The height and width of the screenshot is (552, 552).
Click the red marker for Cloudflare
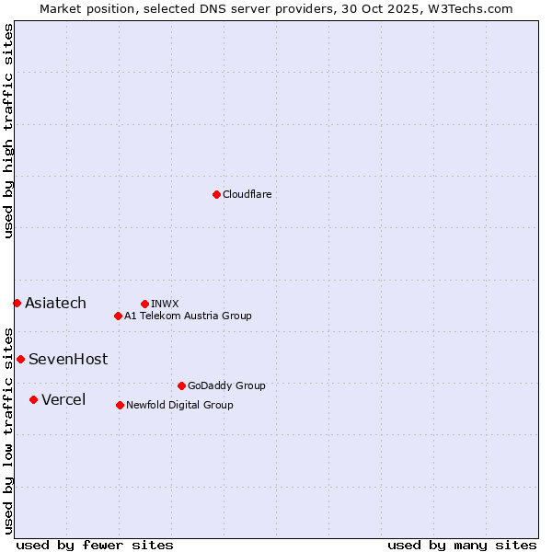pyautogui.click(x=216, y=194)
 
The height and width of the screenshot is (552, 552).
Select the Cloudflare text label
pyautogui.click(x=247, y=194)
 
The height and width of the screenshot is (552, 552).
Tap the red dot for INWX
pyautogui.click(x=144, y=304)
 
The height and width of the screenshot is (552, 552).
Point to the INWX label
pyautogui.click(x=165, y=304)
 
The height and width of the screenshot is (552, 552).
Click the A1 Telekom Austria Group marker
pyautogui.click(x=118, y=316)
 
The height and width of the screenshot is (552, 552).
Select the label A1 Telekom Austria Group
pyautogui.click(x=188, y=316)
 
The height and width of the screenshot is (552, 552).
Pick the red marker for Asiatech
pyautogui.click(x=17, y=303)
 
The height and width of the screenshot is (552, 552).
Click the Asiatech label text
pyautogui.click(x=55, y=304)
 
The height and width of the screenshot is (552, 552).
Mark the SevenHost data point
pyautogui.click(x=20, y=359)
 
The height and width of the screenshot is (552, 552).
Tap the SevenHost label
pyautogui.click(x=68, y=360)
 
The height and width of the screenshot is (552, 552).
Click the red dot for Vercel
pyautogui.click(x=33, y=399)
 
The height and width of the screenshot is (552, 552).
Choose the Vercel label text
pyautogui.click(x=63, y=399)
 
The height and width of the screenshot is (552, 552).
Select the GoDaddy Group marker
pyautogui.click(x=181, y=385)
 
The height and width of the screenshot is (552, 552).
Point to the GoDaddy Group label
pyautogui.click(x=226, y=385)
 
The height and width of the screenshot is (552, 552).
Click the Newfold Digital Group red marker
pyautogui.click(x=120, y=405)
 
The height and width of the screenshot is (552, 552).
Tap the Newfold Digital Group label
pyautogui.click(x=179, y=405)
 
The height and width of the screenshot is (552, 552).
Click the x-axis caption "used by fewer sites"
pyautogui.click(x=95, y=545)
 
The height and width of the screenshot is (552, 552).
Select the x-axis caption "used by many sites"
pyautogui.click(x=462, y=545)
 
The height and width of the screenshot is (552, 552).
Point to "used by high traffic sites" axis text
pyautogui.click(x=8, y=131)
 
